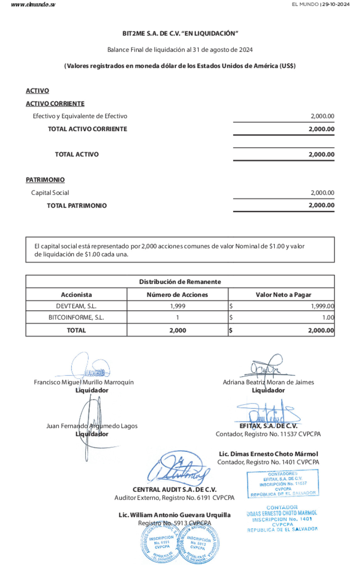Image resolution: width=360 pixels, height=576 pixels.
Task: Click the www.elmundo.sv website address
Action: [x=33, y=5]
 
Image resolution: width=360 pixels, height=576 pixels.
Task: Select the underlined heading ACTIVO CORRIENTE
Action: [x=55, y=104]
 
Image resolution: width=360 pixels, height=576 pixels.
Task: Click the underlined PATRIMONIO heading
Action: [x=45, y=180]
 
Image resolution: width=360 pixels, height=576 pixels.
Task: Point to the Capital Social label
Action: [x=50, y=193]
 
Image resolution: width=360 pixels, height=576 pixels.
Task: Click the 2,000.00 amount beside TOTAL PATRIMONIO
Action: [x=321, y=205]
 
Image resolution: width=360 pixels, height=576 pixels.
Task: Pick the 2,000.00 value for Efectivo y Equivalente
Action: [x=322, y=116]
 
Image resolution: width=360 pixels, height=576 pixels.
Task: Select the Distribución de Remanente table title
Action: [x=180, y=282]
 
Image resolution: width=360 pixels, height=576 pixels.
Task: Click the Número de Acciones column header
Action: [x=177, y=294]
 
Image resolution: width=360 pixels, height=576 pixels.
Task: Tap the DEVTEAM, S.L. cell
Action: [x=76, y=306]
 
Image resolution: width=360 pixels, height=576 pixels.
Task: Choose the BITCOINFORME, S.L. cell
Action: [x=76, y=317]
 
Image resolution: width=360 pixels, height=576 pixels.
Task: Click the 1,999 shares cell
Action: [x=178, y=306]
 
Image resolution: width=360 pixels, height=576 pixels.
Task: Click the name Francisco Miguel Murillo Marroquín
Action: [x=84, y=382]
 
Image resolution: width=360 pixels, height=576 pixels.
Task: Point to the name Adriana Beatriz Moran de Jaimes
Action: [x=268, y=382]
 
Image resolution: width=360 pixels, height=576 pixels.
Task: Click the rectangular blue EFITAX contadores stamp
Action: [x=283, y=483]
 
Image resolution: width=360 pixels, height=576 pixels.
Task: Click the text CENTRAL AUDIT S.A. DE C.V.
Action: [x=174, y=489]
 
